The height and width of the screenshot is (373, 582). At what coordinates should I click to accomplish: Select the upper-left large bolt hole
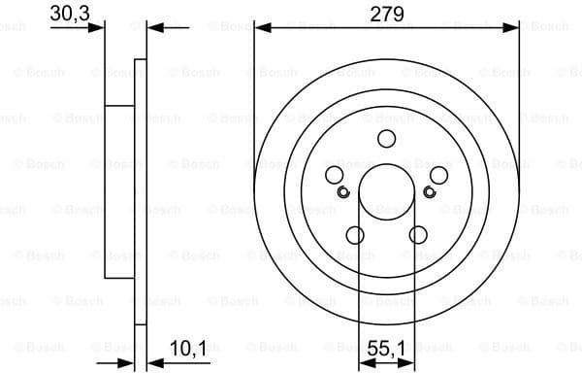coord(335,175)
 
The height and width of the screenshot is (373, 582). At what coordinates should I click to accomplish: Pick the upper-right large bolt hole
coord(438,175)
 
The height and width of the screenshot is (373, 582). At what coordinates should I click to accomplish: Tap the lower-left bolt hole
coord(354,235)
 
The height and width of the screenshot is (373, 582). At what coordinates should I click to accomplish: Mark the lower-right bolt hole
coord(418,235)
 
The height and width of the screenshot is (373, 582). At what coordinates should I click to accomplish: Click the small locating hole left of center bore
coord(342,190)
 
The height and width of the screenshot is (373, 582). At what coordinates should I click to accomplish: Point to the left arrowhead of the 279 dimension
coord(260,29)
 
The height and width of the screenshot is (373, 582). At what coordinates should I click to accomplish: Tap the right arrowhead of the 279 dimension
coord(513,29)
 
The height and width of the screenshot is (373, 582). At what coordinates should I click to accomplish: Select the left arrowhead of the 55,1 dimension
coord(365,363)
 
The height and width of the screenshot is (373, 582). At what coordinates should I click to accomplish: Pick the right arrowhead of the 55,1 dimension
coord(407,363)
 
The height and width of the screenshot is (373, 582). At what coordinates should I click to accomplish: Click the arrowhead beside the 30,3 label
coord(97,29)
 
